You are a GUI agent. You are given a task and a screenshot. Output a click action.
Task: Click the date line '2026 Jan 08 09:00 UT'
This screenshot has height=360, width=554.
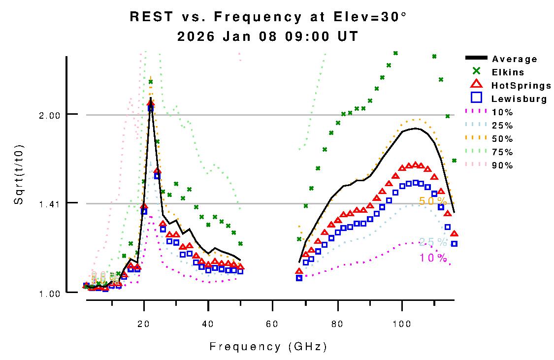pos(268,36)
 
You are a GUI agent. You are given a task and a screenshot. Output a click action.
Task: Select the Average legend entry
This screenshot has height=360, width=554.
pos(515,59)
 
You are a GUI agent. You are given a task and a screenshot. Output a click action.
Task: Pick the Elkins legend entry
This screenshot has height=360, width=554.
pos(507,72)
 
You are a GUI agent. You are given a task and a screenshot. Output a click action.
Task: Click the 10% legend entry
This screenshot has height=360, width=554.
pos(502,112)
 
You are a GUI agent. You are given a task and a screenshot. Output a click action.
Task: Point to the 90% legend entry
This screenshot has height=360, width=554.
pos(502,165)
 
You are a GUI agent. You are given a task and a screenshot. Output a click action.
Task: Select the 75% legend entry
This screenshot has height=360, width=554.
pos(502,152)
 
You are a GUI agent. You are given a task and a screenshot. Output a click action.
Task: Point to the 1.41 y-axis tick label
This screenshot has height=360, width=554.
pos(49,203)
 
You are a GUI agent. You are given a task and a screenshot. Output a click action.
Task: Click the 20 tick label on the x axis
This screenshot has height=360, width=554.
pos(144,311)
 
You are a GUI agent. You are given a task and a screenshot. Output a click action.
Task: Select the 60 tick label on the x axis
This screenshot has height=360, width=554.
pos(272,311)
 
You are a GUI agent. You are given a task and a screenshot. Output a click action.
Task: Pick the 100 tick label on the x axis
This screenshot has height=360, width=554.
pos(402,311)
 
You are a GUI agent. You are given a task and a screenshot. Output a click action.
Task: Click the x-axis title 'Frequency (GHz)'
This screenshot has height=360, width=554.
pos(268,347)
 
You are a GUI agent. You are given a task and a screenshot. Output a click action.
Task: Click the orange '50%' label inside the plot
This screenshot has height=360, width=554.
pos(433,201)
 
